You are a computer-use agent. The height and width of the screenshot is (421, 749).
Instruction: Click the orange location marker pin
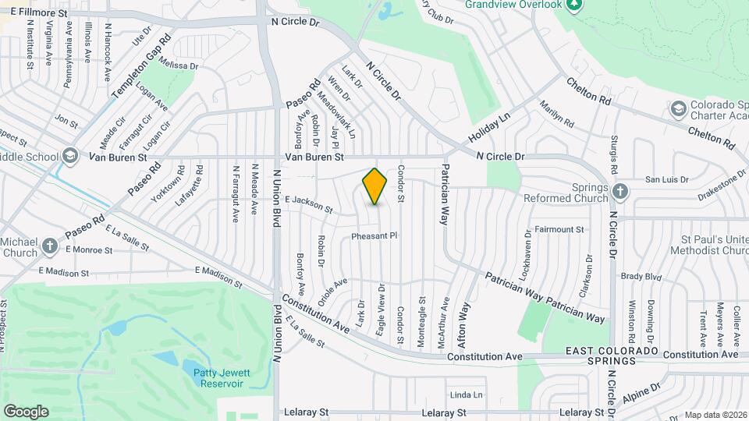(375, 186)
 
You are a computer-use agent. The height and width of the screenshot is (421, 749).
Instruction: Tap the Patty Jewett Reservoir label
(218, 378)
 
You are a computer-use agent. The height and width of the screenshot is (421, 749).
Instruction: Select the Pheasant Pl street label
(374, 235)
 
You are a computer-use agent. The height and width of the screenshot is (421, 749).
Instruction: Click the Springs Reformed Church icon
(619, 191)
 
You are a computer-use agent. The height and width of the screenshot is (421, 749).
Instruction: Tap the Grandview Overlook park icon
(574, 6)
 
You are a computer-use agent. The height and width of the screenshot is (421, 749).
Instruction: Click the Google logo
(26, 411)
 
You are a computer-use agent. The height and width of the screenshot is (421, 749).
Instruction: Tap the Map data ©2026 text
(715, 415)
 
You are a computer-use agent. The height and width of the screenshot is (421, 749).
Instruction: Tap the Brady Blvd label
(641, 276)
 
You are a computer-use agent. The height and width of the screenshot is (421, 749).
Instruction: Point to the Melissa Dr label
(179, 66)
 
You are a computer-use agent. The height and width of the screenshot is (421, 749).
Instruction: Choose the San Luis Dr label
(666, 179)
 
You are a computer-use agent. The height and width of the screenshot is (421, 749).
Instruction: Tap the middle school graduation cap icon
(71, 156)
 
